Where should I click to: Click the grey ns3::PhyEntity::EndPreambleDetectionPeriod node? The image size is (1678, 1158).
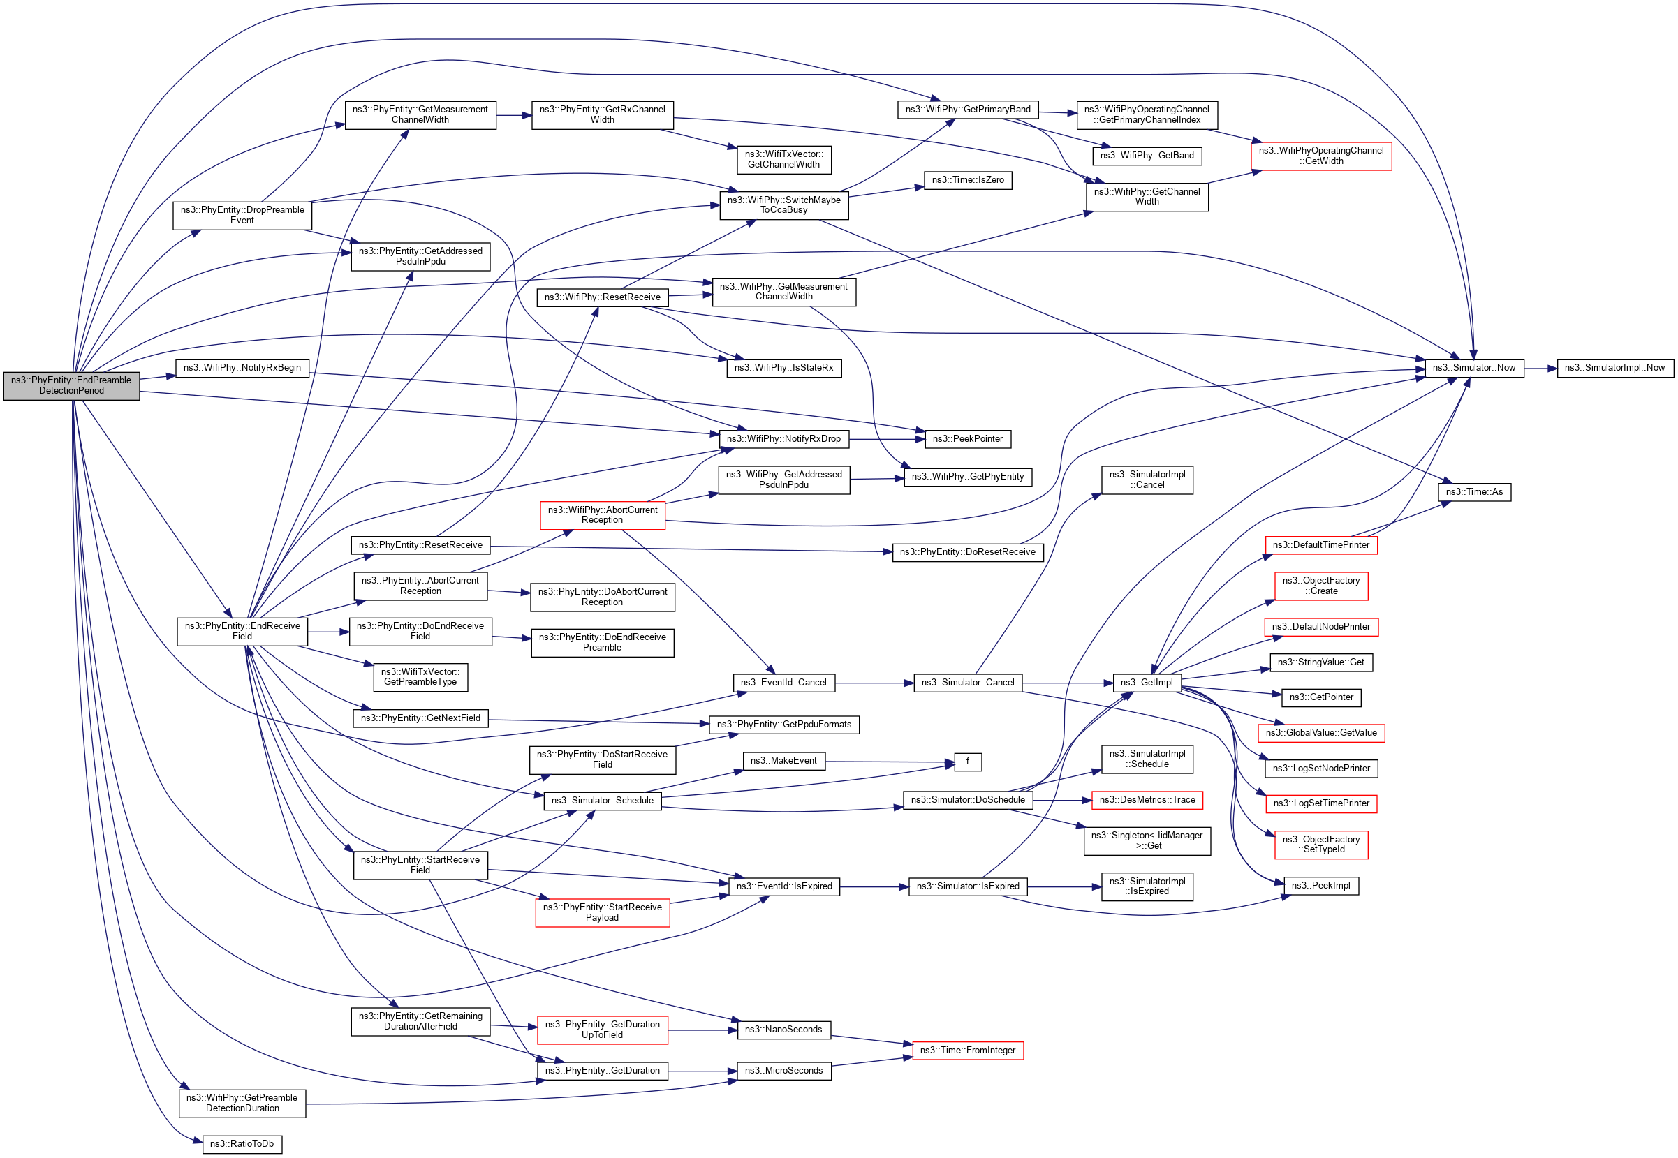[x=71, y=385]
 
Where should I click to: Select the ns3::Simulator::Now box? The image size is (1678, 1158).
[x=1473, y=368]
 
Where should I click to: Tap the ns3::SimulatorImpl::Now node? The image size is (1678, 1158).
[x=1614, y=368]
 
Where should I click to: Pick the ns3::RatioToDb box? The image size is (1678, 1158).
[x=242, y=1144]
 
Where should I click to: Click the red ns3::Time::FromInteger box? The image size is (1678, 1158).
[x=966, y=1051]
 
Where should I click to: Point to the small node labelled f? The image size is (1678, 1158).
[x=967, y=762]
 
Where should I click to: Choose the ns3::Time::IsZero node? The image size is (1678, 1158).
[x=967, y=180]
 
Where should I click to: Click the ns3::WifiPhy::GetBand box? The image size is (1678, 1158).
[x=1146, y=155]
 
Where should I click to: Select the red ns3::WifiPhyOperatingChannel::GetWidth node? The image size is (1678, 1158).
[x=1320, y=156]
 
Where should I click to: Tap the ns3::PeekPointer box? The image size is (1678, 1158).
[x=966, y=439]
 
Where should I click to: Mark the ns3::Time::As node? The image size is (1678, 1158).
[x=1473, y=492]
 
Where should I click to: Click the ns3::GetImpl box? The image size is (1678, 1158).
[x=1146, y=683]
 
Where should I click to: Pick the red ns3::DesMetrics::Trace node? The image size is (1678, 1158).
[x=1146, y=801]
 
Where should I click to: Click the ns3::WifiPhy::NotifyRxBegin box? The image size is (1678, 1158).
[x=242, y=368]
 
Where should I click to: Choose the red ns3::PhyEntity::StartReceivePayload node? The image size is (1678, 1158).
[x=602, y=913]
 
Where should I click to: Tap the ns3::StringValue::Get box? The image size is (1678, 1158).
[x=1320, y=662]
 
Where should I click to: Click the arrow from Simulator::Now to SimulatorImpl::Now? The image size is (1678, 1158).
[x=1540, y=369]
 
